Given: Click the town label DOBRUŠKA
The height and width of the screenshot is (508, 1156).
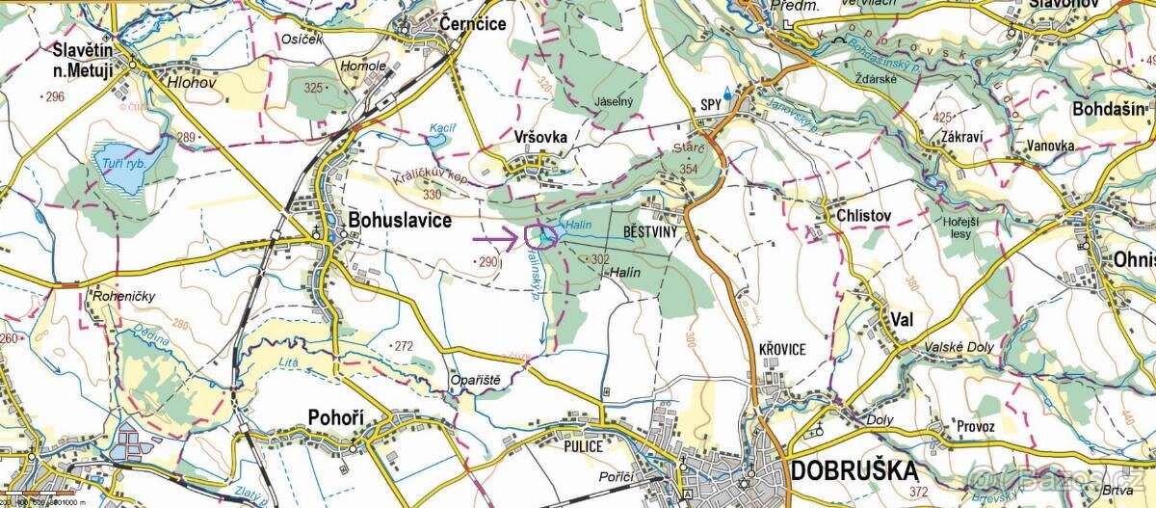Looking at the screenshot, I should point(854,470).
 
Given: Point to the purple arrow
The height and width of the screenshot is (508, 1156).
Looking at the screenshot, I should point(494,236).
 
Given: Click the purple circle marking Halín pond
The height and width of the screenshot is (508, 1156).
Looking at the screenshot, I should point(542,236).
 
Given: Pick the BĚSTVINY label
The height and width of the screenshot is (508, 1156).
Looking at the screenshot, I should point(652,232).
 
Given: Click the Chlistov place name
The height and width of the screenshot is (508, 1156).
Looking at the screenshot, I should point(864,215).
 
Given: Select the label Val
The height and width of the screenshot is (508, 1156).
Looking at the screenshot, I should point(902,319).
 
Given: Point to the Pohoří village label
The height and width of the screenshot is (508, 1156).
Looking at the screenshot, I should point(334,416).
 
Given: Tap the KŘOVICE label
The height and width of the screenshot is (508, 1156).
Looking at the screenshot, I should point(781,349).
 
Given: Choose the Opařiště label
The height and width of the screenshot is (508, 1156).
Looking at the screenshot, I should point(476,380).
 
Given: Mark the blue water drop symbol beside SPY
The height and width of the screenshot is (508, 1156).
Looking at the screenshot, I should point(728,98).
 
